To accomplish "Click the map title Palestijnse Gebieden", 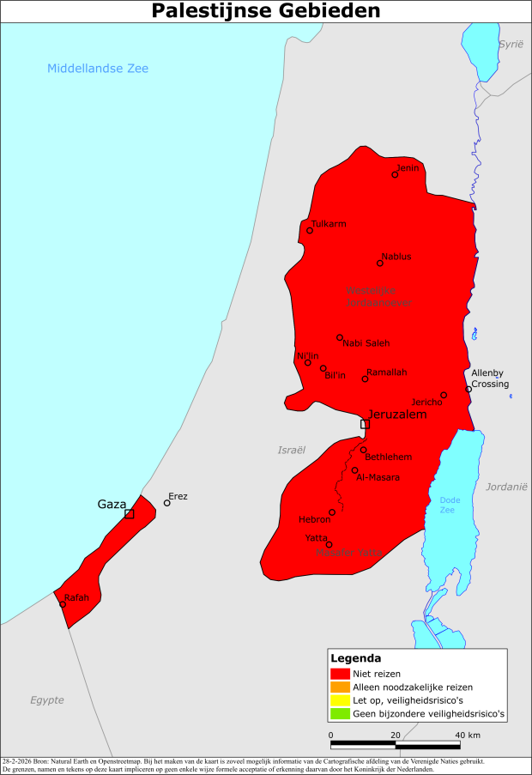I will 266,11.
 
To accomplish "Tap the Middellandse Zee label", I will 98,69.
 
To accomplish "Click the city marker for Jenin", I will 395,174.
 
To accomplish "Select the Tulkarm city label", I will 329,223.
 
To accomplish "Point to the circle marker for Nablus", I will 380,263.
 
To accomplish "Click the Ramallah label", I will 386,372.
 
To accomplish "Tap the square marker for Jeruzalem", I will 365,424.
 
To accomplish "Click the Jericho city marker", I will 444,395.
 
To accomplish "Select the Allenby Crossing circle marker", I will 469,389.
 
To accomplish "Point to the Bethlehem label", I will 389,457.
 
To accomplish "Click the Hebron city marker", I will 332,512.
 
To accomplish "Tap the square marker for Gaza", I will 129,514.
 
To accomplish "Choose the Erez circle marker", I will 167,503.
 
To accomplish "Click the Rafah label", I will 76,597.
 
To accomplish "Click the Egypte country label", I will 47,700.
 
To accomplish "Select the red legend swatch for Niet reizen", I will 340,674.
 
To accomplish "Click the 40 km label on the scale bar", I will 468,735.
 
